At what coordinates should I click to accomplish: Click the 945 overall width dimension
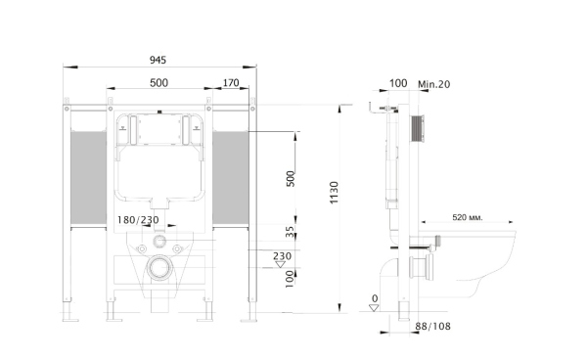pyautogui.click(x=158, y=60)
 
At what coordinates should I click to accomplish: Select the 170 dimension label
pyautogui.click(x=231, y=83)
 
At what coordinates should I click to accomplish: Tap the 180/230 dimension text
pyautogui.click(x=138, y=220)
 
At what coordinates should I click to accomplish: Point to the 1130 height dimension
pyautogui.click(x=334, y=193)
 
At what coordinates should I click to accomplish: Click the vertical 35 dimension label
pyautogui.click(x=291, y=232)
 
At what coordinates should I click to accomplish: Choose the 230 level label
pyautogui.click(x=282, y=256)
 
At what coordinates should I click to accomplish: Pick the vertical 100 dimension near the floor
pyautogui.click(x=290, y=279)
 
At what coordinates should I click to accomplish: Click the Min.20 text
pyautogui.click(x=433, y=84)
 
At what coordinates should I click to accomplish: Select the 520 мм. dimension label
pyautogui.click(x=468, y=217)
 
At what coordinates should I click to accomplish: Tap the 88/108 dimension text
pyautogui.click(x=432, y=327)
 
